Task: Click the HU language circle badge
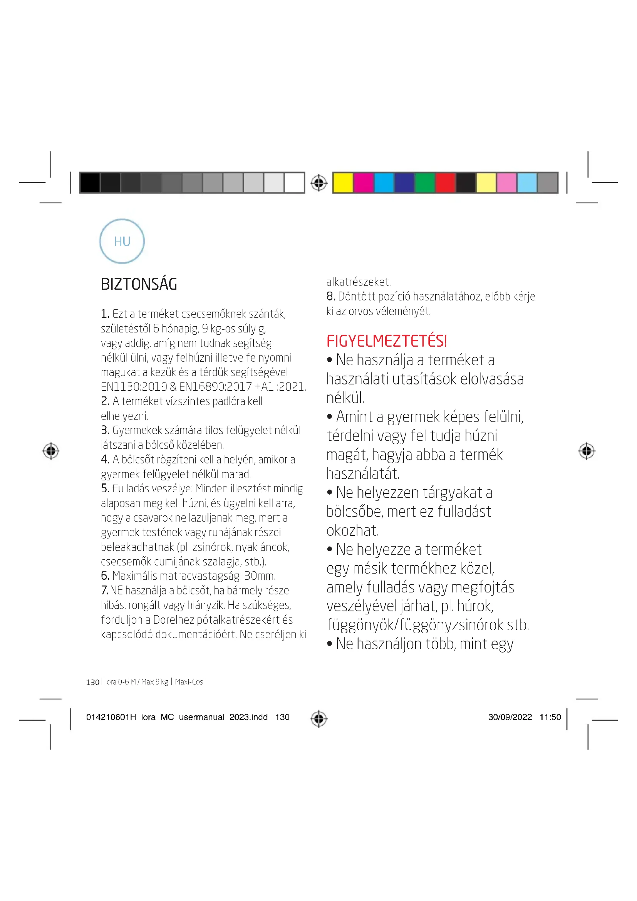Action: pos(122,241)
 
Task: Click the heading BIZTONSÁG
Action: pos(139,284)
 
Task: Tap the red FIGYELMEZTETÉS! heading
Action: pos(386,341)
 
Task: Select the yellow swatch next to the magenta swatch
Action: pos(343,183)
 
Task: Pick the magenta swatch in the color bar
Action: pos(363,183)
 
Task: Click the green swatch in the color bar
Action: pos(425,183)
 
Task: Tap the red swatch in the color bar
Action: pos(445,183)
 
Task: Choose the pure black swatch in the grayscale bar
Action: pos(90,183)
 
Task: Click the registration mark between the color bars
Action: pos(318,183)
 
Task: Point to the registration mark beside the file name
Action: pos(318,718)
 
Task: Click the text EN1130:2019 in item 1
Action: pos(134,387)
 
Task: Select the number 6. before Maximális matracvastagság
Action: pos(105,575)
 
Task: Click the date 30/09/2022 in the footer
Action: pos(510,717)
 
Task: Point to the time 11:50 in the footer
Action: pos(550,717)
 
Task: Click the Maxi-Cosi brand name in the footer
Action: pos(190,682)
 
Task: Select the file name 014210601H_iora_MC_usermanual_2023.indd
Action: pos(176,717)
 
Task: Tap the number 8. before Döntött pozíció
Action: pos(330,296)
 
